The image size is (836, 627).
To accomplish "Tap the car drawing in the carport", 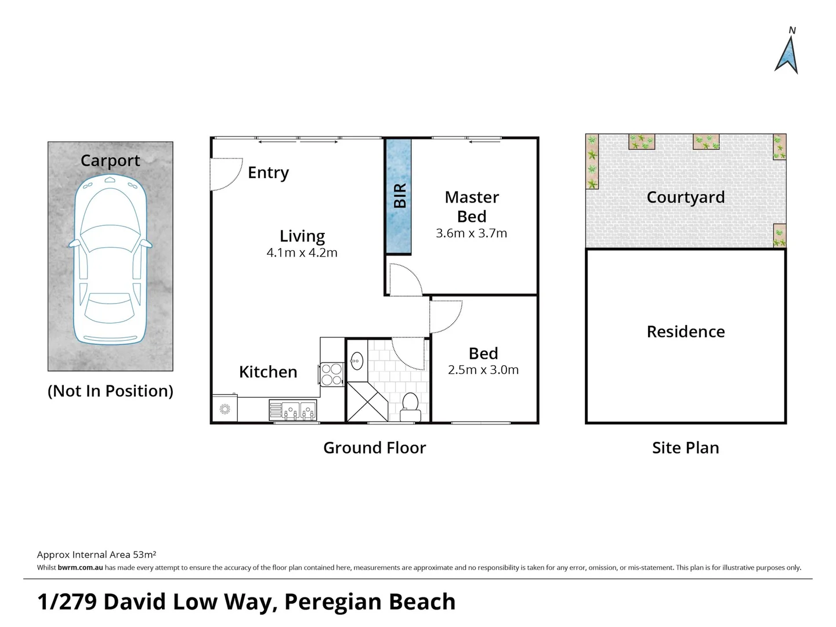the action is coord(110,260).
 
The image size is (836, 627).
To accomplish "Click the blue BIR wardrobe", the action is coord(399,196).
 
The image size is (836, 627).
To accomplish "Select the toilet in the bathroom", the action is coord(410,407).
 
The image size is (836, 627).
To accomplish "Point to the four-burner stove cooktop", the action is coord(332,374).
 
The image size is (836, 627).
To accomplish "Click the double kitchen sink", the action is coord(293,410).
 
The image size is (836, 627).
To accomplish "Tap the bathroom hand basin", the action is coord(357,361).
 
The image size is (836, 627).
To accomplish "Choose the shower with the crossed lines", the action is coord(367,402).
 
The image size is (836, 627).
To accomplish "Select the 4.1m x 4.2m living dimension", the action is coord(302,253).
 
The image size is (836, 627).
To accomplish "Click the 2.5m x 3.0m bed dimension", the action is coord(483,370).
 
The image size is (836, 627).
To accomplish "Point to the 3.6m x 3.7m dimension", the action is coord(472,233).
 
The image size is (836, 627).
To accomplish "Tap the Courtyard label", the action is coord(686,197).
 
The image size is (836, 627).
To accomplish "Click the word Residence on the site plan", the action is coord(686,331).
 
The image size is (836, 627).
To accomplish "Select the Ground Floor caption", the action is coord(375,448).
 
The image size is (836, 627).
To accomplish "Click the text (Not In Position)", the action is coord(110,391).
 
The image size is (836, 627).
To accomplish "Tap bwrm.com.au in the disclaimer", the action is coord(81,568).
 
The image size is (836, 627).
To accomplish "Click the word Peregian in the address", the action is coord(332,603).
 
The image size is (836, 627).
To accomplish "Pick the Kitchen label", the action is coord(268,372).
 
